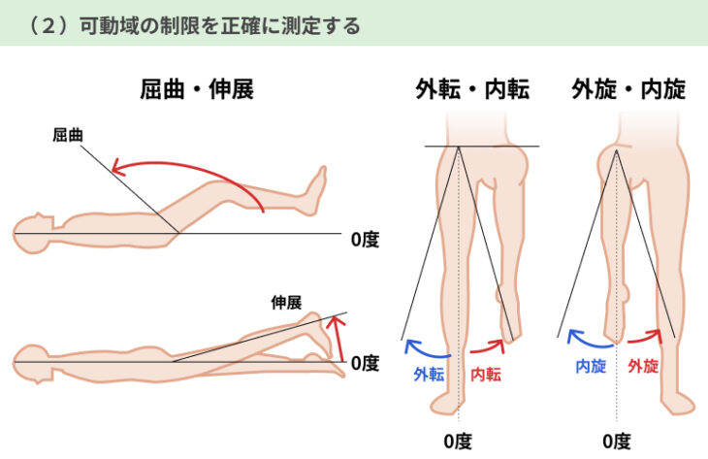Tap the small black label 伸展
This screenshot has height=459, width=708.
[287, 302]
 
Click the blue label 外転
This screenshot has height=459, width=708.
[429, 374]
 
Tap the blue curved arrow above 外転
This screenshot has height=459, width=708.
[423, 347]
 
